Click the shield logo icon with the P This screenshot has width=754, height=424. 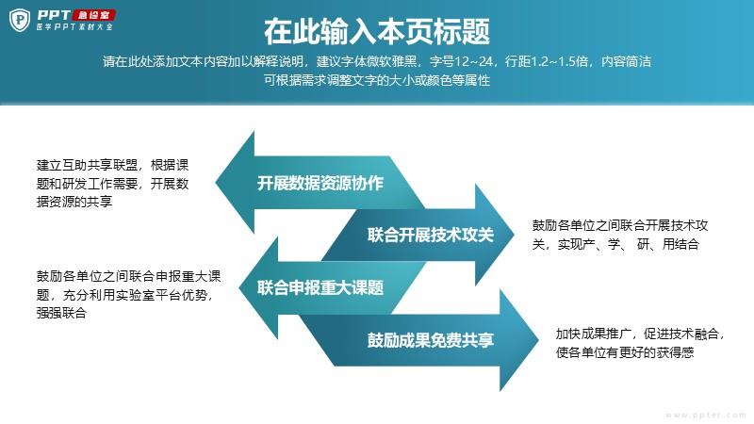point(20,20)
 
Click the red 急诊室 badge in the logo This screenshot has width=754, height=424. point(93,15)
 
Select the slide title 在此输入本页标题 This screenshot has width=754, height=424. point(377,32)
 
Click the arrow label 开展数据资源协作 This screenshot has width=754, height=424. point(320,183)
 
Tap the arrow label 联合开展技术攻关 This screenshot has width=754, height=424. point(431,235)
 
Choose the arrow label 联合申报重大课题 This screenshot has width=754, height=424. point(320,288)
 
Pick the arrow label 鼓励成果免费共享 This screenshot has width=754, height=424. point(431,340)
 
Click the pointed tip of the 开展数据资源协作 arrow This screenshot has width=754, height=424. point(216,183)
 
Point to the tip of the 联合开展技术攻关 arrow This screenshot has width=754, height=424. point(514,235)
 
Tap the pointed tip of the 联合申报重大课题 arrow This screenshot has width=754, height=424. point(239,288)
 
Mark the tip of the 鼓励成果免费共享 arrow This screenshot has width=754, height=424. point(538,340)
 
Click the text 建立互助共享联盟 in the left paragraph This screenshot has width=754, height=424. point(87,166)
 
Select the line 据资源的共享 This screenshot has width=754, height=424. point(74,202)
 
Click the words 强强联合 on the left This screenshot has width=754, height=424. point(61,314)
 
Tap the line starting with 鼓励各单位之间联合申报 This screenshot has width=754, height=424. point(128,276)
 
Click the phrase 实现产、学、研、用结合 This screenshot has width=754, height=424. point(628,244)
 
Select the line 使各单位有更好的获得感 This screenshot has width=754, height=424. point(625,352)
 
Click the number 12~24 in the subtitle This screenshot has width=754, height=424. point(474,61)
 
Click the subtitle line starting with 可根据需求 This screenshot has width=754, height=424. point(377,80)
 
